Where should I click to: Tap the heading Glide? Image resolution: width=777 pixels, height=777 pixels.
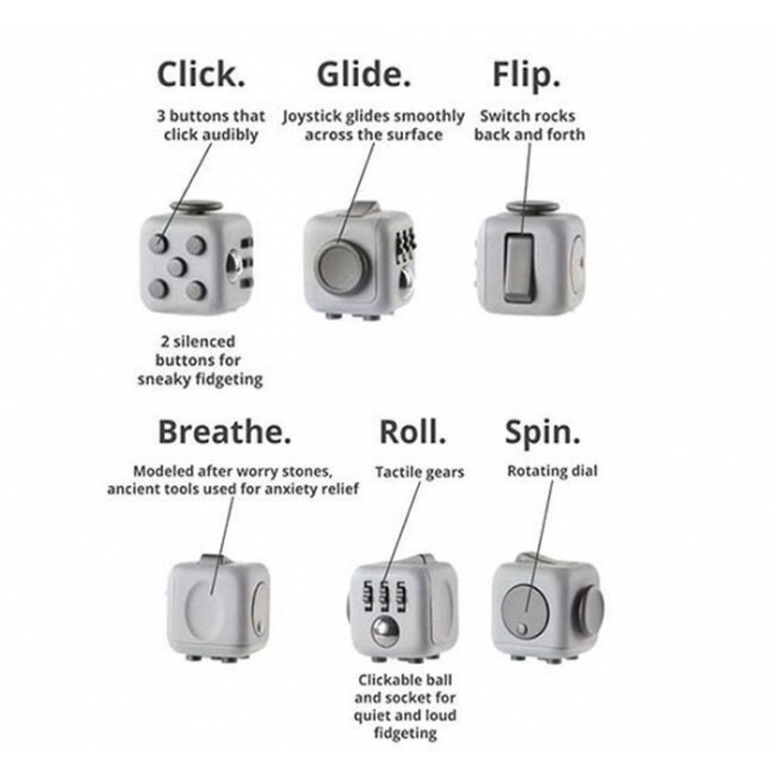tap(364, 75)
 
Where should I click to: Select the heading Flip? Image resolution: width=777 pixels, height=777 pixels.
tap(526, 75)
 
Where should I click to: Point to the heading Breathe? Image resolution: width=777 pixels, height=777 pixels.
tap(225, 432)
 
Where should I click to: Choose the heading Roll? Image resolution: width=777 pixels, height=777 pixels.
tap(413, 432)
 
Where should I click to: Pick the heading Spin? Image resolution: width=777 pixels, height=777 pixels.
tap(542, 432)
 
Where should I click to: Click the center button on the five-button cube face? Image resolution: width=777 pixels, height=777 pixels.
tap(177, 267)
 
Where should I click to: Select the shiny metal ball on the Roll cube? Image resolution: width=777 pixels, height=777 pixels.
tap(384, 630)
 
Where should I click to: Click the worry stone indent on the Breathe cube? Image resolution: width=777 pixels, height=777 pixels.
tap(207, 607)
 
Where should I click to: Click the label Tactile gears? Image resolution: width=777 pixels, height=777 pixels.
tap(419, 472)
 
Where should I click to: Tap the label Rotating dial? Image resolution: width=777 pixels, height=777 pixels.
tap(552, 471)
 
